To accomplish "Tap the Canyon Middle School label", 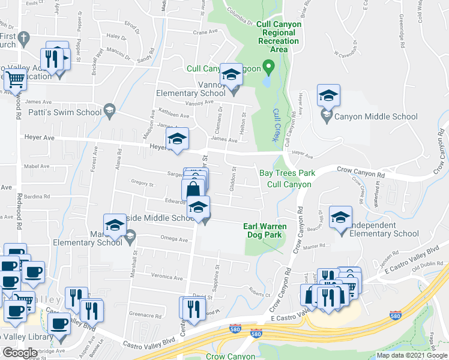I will pyautogui.click(x=376, y=117).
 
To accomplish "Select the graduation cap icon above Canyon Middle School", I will pyautogui.click(x=328, y=95).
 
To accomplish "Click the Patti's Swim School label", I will pyautogui.click(x=65, y=112).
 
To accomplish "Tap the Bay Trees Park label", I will pyautogui.click(x=287, y=173).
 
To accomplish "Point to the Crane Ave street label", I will pyautogui.click(x=205, y=32).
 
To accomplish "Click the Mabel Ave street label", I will pyautogui.click(x=35, y=166).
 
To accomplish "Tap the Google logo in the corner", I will pyautogui.click(x=20, y=353).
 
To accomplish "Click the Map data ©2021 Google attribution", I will pyautogui.click(x=411, y=355).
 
